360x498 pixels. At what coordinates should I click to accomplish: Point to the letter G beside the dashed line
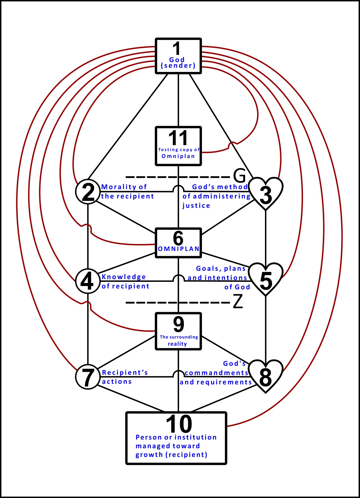click(x=239, y=176)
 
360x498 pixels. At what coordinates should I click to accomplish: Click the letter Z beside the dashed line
click(x=238, y=301)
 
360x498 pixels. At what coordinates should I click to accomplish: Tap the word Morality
click(x=119, y=187)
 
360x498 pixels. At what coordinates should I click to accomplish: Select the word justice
click(x=196, y=206)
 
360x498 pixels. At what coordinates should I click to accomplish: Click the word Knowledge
click(x=124, y=277)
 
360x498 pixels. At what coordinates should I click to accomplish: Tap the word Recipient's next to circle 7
click(x=125, y=372)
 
